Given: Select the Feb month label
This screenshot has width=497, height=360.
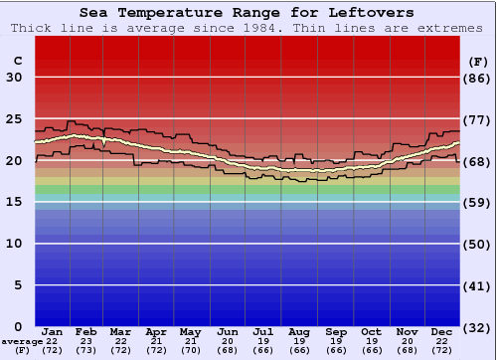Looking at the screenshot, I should [x=85, y=331].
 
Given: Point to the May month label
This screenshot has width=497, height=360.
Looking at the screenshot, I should [x=190, y=331].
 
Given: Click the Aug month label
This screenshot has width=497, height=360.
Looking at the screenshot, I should [x=299, y=331].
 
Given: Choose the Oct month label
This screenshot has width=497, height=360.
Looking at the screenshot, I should [x=371, y=331].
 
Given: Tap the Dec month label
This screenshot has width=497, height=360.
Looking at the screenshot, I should [x=442, y=331].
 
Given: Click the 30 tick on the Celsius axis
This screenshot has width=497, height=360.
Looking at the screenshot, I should [x=14, y=78].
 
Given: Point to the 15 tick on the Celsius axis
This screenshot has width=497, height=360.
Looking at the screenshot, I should [x=14, y=202].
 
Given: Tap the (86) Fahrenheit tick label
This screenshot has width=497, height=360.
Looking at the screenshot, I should [x=477, y=78].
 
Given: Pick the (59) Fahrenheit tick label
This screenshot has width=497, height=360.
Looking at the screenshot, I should [x=477, y=202].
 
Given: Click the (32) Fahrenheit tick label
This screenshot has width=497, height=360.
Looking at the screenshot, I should [x=477, y=327].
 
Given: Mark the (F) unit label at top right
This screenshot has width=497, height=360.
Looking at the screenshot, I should [x=477, y=60].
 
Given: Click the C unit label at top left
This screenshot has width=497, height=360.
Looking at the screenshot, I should [x=17, y=60].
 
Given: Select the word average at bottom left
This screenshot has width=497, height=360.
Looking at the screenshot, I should [x=22, y=341].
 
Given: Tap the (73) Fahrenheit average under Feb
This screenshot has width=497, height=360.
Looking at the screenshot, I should [x=85, y=350].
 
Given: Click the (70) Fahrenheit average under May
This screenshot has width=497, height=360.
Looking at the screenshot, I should [x=190, y=350].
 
